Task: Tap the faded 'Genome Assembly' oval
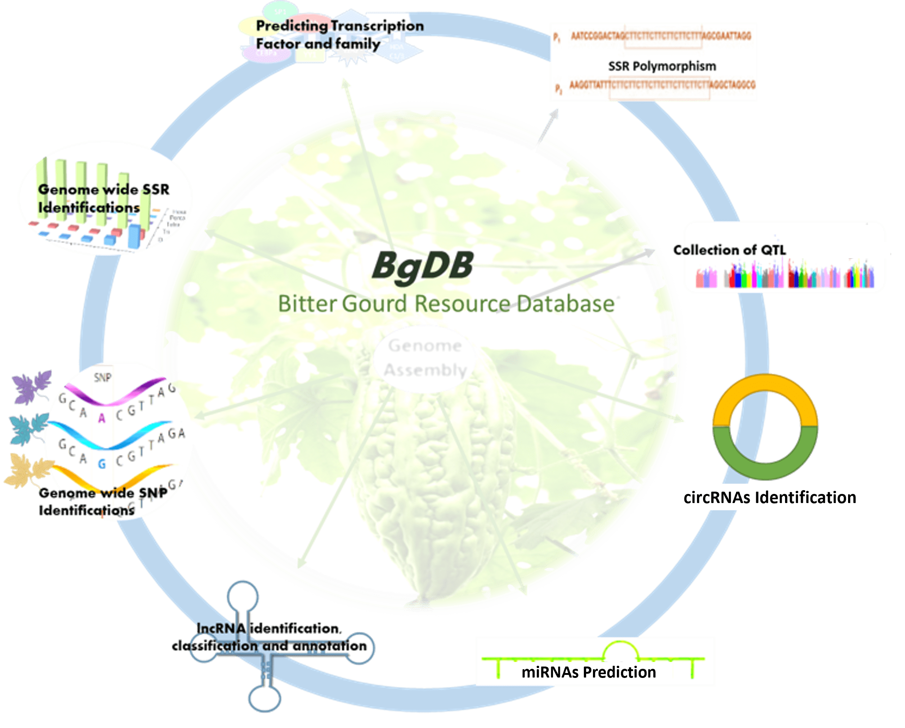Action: click(425, 358)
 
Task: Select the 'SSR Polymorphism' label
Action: click(662, 66)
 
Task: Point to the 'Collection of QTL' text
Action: click(730, 250)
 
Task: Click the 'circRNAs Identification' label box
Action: click(770, 497)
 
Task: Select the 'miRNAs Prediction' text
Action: click(588, 672)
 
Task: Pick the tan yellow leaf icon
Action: click(27, 471)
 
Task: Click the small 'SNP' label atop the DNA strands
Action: click(102, 377)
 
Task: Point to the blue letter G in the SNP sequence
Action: click(102, 464)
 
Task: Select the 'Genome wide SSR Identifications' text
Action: click(103, 198)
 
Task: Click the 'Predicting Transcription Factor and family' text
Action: click(339, 35)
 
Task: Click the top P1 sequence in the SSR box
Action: click(660, 36)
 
